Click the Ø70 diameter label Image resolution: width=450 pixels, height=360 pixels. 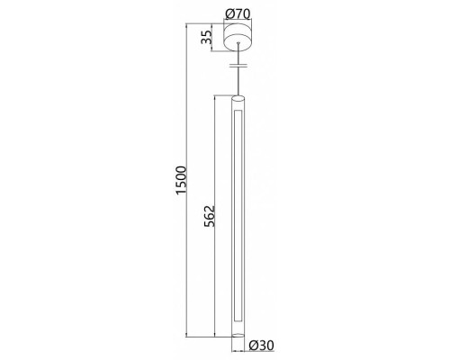pyautogui.click(x=238, y=13)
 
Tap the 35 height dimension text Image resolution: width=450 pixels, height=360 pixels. pyautogui.click(x=206, y=38)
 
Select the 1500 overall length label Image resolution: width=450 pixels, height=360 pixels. pyautogui.click(x=182, y=180)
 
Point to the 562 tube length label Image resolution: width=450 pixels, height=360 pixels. pyautogui.click(x=210, y=216)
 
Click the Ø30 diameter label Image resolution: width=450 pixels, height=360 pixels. pyautogui.click(x=261, y=346)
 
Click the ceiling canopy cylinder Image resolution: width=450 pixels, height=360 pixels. pyautogui.click(x=238, y=36)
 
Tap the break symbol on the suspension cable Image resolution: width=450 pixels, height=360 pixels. pyautogui.click(x=238, y=65)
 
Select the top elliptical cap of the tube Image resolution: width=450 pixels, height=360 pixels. pyautogui.click(x=238, y=98)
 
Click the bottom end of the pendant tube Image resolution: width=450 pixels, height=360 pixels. pyautogui.click(x=238, y=335)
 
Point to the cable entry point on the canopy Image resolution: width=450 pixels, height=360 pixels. pyautogui.click(x=238, y=43)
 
